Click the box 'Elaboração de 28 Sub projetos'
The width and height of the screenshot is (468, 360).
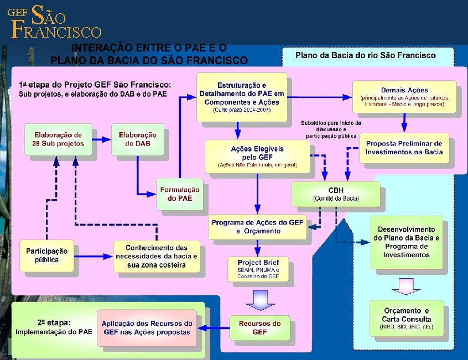pos(58,139)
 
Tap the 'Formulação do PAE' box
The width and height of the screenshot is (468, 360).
pos(180,194)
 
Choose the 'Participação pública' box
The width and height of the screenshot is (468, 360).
pos(46,255)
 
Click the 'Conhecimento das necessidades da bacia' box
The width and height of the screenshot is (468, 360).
pos(156,256)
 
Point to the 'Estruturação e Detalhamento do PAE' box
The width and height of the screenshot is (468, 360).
pos(243,97)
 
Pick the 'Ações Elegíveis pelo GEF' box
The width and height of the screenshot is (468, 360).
pos(257,155)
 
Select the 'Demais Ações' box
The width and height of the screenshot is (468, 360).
pos(404,97)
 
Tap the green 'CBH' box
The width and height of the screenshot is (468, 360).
pos(336,194)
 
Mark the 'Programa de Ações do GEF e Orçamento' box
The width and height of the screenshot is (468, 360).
pos(258,227)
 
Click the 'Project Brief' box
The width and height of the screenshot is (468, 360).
pos(258,269)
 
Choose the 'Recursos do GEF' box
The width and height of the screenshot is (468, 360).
pos(259,327)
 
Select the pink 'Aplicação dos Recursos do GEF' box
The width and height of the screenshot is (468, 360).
pos(148,327)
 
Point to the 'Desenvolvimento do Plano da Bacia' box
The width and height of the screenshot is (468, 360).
pos(406,242)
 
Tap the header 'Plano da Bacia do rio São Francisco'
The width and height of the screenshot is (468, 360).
pos(366,55)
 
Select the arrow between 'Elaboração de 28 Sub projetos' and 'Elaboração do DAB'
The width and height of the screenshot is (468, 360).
pos(101,139)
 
